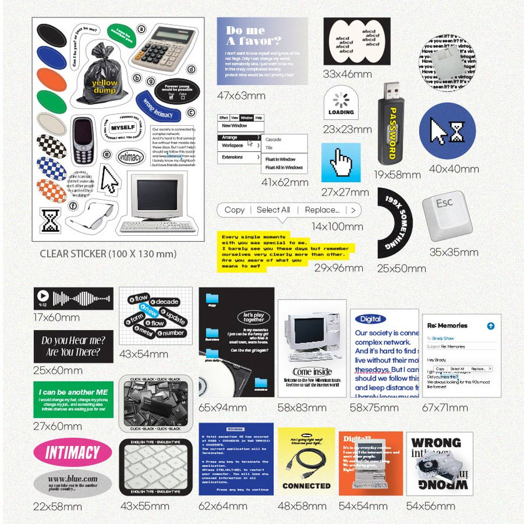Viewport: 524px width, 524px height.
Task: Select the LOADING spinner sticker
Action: [341, 101]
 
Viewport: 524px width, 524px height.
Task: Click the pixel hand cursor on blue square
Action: [341, 164]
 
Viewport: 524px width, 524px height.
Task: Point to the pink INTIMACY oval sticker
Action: [72, 451]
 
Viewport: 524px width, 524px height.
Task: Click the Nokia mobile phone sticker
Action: [83, 140]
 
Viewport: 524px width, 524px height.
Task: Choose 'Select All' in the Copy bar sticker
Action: [273, 210]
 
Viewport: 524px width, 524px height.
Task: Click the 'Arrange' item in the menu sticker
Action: [230, 137]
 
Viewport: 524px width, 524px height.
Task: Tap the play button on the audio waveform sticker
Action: [43, 296]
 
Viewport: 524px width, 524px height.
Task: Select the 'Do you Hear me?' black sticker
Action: [73, 346]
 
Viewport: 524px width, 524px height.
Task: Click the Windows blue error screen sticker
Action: [236, 458]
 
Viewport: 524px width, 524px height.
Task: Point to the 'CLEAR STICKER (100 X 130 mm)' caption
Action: [108, 253]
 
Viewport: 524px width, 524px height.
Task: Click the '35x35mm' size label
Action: [454, 252]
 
